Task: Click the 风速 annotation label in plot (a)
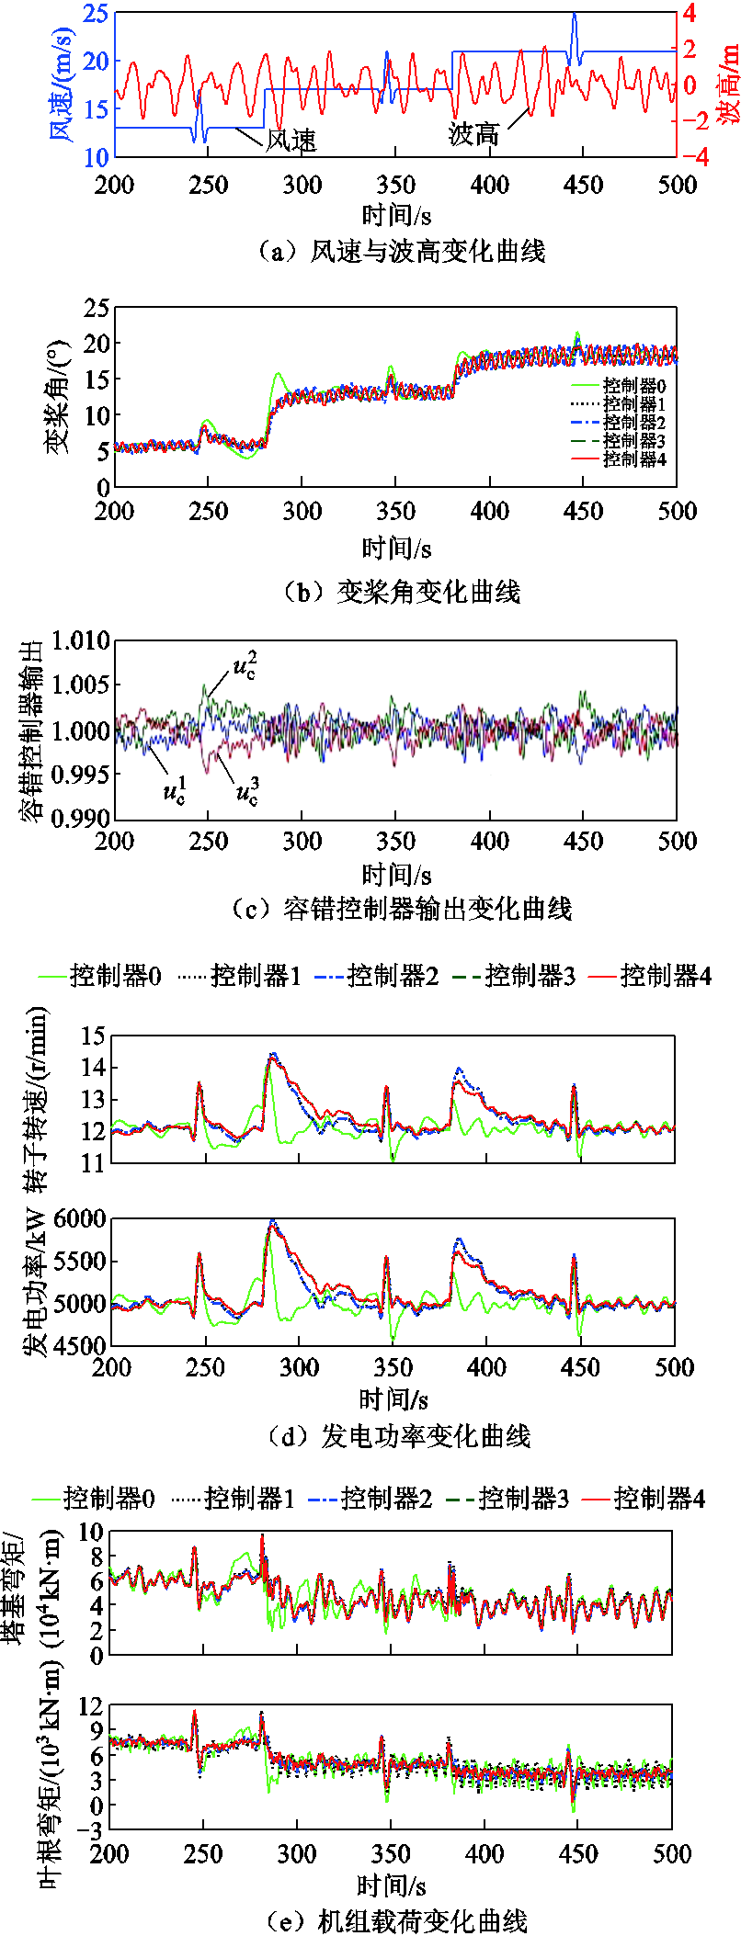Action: [291, 141]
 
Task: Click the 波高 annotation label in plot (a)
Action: [473, 134]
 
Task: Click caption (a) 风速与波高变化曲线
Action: [403, 251]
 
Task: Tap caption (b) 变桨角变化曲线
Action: [403, 592]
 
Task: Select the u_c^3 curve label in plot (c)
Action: [247, 791]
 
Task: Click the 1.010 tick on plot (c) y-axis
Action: [80, 640]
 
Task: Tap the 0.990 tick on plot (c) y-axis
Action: [80, 817]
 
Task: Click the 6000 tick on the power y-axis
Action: [81, 1219]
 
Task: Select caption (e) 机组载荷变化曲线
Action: [397, 1920]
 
